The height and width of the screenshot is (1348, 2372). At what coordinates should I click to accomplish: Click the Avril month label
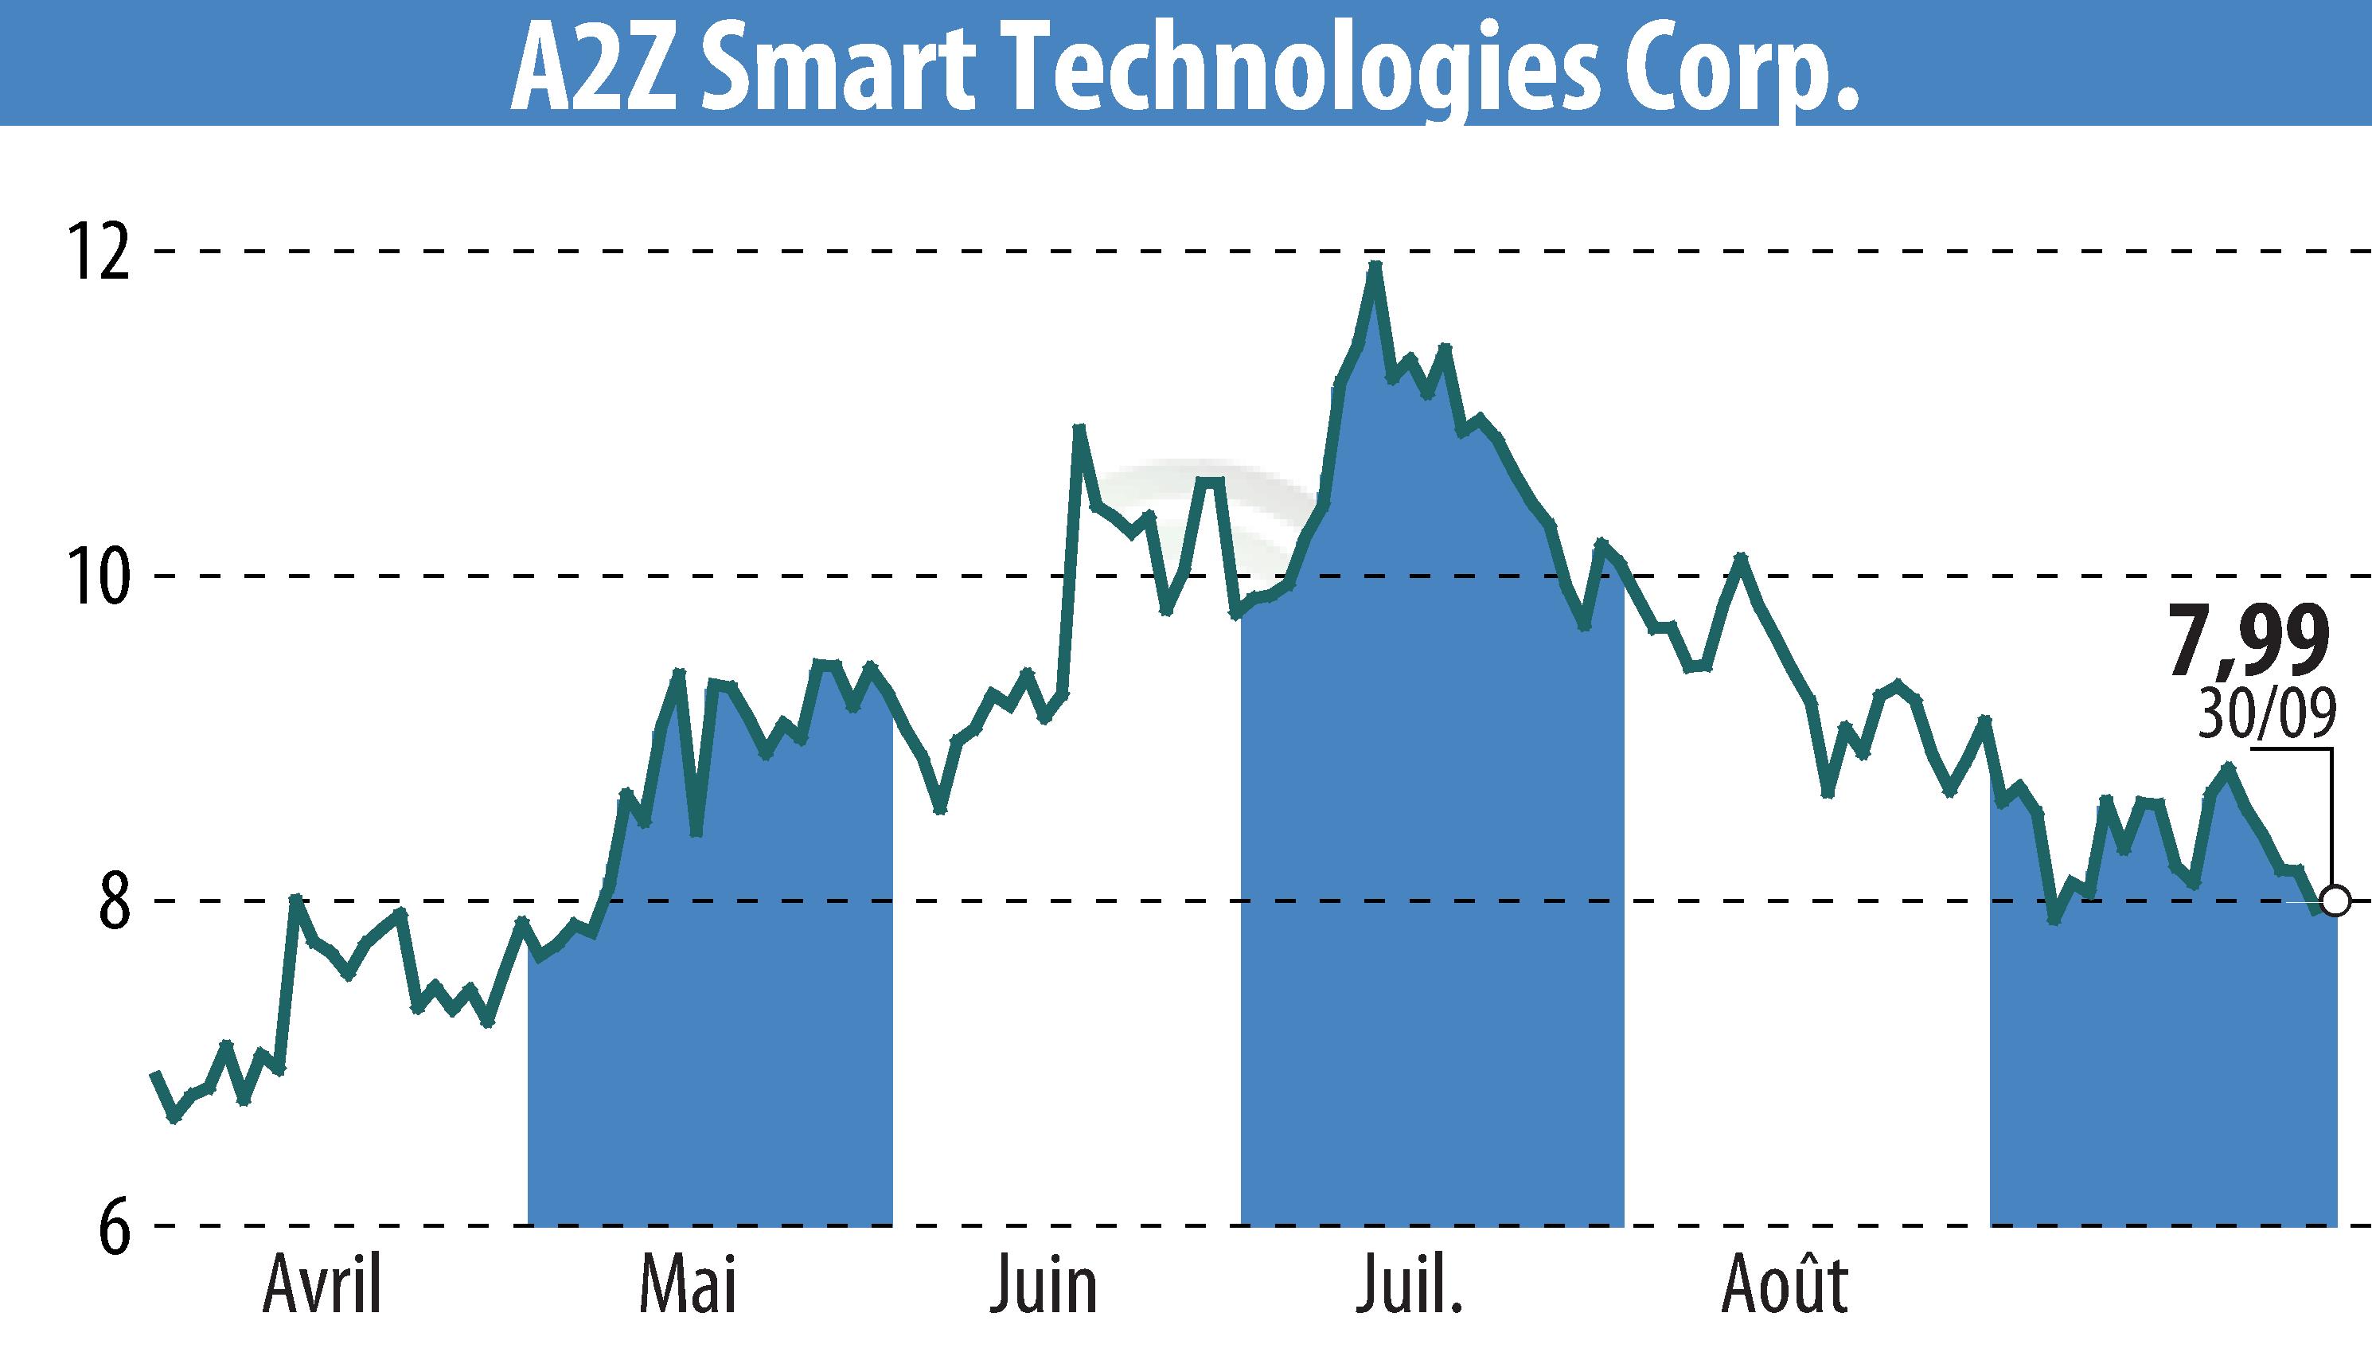322,1286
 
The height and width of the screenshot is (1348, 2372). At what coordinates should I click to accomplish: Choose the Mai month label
687,1286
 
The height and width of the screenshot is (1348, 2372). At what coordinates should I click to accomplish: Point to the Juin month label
1044,1286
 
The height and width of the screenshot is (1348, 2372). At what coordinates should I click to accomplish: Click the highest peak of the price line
1375,266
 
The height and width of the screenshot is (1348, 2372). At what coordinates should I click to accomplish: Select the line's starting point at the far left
155,1074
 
